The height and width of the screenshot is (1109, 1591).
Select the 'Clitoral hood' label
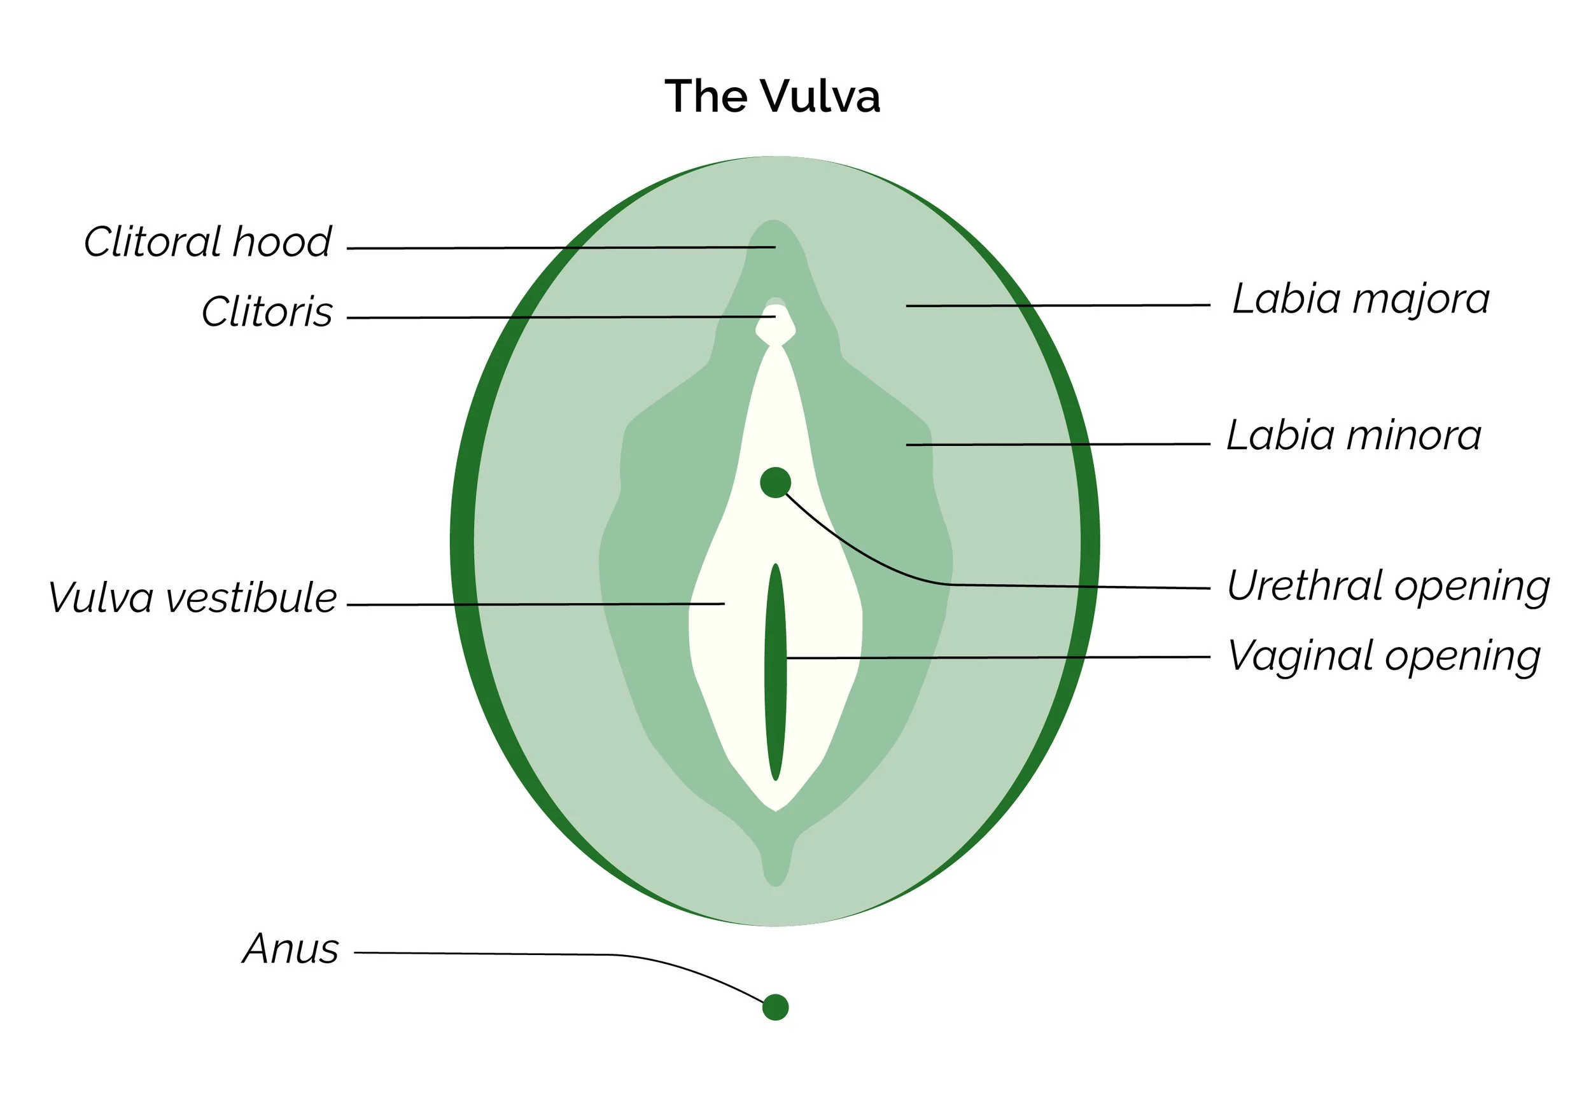tap(207, 242)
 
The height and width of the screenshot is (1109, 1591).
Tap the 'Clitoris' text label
tap(267, 312)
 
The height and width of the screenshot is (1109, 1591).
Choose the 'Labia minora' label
tap(1354, 436)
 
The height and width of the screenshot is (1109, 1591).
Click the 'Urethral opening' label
tap(1388, 586)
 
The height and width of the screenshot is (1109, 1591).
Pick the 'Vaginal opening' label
tap(1384, 656)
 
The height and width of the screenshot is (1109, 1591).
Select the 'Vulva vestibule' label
tap(192, 598)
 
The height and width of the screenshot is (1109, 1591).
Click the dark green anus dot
tap(775, 1007)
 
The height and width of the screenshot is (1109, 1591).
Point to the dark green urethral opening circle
tap(775, 482)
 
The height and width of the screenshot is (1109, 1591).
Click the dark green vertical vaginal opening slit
tap(775, 672)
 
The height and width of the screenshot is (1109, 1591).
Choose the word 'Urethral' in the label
tap(1305, 586)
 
